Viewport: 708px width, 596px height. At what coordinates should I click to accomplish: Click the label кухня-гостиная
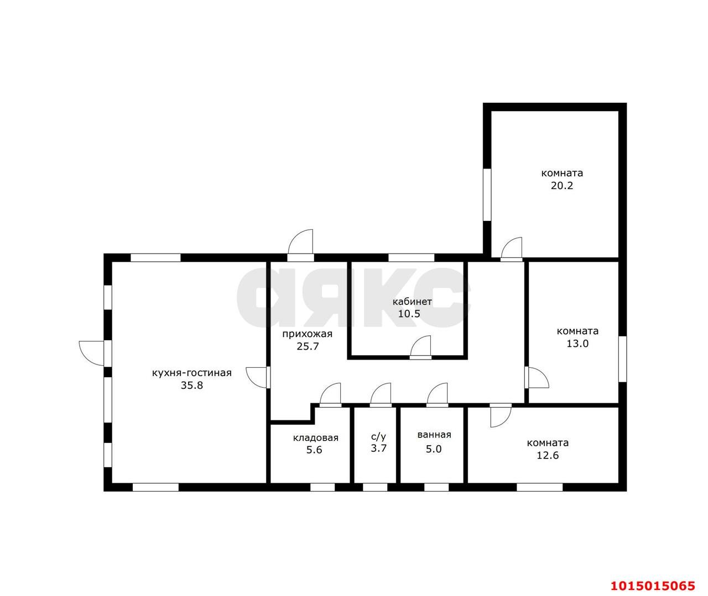(x=191, y=373)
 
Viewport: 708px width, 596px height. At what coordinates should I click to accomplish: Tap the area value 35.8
(x=192, y=386)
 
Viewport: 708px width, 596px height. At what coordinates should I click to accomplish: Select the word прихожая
(x=307, y=334)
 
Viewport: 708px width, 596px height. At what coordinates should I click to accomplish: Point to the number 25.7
(x=308, y=346)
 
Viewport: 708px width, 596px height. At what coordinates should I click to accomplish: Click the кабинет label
(x=412, y=302)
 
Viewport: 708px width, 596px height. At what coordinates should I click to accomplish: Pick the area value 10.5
(x=409, y=314)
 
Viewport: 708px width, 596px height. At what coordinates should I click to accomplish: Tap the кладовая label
(x=316, y=438)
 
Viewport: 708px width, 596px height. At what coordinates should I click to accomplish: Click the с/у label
(x=378, y=436)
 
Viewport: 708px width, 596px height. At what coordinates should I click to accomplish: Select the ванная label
(x=434, y=435)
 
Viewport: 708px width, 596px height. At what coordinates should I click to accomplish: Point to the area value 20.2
(x=562, y=186)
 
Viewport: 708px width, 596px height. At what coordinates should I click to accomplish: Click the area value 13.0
(x=578, y=344)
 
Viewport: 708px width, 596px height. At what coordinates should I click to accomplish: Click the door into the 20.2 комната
(x=512, y=249)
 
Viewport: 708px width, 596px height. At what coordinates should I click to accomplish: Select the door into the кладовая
(x=330, y=395)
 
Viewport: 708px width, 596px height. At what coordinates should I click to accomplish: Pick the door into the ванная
(x=437, y=395)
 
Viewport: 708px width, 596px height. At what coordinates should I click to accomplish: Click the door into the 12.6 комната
(x=501, y=415)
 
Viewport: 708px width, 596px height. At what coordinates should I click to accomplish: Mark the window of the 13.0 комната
(x=623, y=359)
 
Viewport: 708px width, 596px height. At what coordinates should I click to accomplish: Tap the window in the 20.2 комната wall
(x=487, y=195)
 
